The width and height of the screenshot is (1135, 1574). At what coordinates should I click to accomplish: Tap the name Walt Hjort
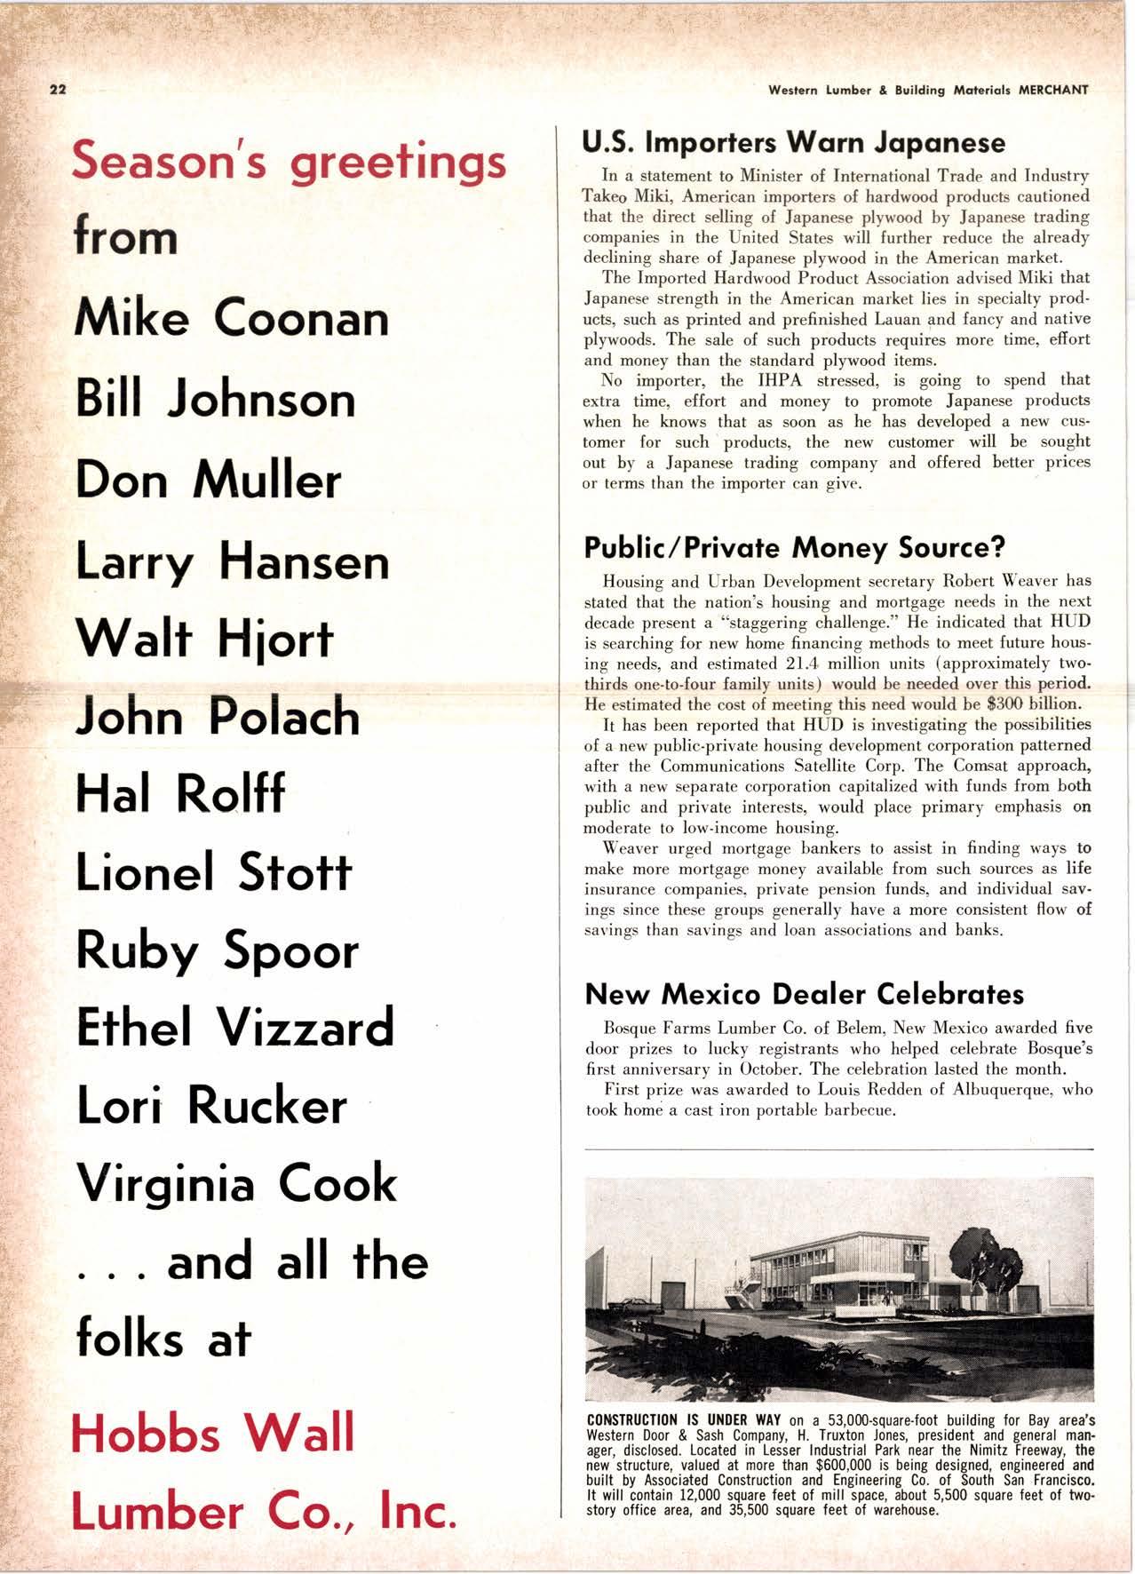(204, 638)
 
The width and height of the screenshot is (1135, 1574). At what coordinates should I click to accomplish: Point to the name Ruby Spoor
(218, 950)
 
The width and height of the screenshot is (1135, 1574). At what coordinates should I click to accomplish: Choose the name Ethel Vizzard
(235, 1028)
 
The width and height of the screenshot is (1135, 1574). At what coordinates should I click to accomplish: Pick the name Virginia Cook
(237, 1184)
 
